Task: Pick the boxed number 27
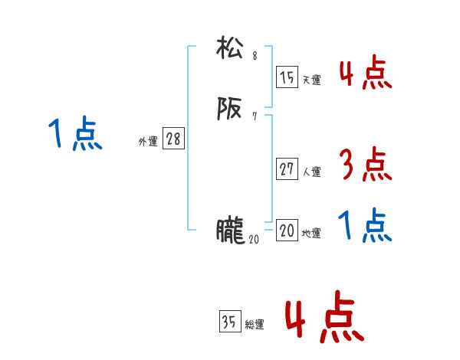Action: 287,169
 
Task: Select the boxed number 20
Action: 287,231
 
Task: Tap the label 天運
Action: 310,80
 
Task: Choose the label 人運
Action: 311,172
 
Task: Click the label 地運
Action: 311,234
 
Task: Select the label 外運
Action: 147,142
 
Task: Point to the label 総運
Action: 255,325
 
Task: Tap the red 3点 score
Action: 365,164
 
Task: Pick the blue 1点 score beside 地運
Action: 365,226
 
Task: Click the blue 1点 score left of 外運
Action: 74,135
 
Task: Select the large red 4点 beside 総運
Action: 324,318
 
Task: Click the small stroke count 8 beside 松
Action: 255,56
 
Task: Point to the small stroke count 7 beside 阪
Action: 255,116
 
